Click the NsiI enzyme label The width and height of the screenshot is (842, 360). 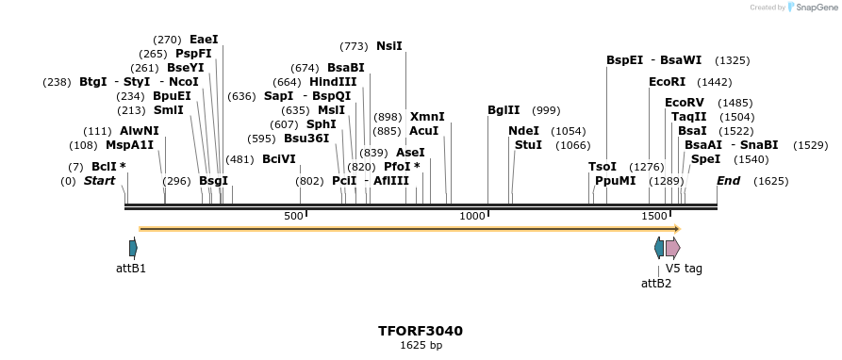[388, 46]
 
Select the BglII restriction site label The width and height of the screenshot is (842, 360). [504, 110]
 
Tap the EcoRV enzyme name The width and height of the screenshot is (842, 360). [685, 103]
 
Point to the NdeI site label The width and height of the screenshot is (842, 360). [523, 131]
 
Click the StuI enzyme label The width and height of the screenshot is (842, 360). [528, 145]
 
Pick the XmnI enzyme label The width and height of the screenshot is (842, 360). [427, 117]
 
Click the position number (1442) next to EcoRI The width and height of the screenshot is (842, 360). [715, 82]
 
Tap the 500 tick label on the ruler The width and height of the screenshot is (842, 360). [294, 217]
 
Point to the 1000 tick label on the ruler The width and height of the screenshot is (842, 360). [471, 217]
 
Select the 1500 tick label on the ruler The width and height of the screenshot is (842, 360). [654, 217]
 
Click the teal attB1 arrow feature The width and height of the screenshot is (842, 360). [133, 248]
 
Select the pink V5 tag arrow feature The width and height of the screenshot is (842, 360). [672, 248]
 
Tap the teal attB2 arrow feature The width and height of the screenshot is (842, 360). [659, 248]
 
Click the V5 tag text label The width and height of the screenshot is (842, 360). [684, 269]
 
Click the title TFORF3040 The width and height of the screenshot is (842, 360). [421, 331]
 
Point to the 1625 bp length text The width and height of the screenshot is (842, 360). [421, 346]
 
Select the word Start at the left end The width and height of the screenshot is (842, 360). [99, 180]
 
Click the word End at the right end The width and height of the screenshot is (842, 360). [728, 180]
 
